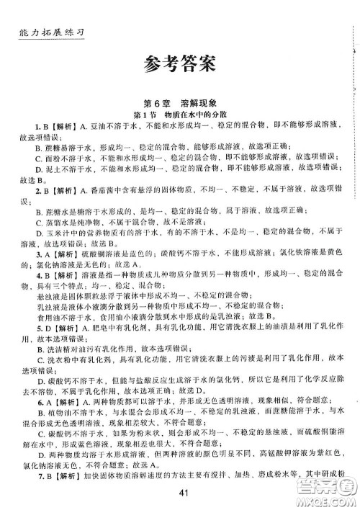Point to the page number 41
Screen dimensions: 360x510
pyautogui.click(x=181, y=493)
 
